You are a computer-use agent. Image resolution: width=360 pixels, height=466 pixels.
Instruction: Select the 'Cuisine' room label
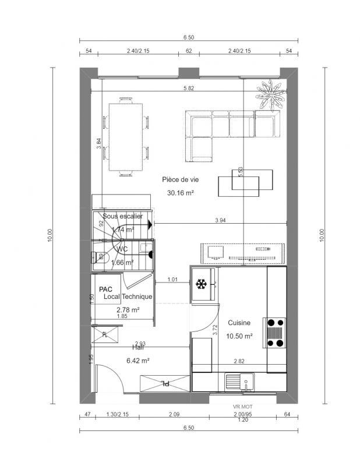click(x=239, y=322)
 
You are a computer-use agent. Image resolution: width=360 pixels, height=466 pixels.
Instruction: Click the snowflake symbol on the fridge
click(x=201, y=285)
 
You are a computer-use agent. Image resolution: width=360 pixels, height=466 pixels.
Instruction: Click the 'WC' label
click(x=122, y=249)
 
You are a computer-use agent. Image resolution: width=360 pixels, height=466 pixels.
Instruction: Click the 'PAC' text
click(x=105, y=289)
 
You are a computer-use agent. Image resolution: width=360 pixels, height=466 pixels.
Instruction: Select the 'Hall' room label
click(x=137, y=347)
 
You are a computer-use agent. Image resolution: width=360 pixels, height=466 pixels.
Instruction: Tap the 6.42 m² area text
click(x=138, y=361)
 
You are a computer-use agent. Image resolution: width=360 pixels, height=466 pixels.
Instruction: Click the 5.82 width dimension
click(x=189, y=88)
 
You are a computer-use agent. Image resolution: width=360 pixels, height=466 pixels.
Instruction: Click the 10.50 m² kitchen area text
click(x=239, y=336)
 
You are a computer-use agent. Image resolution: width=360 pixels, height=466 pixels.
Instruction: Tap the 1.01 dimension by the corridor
click(x=172, y=280)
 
